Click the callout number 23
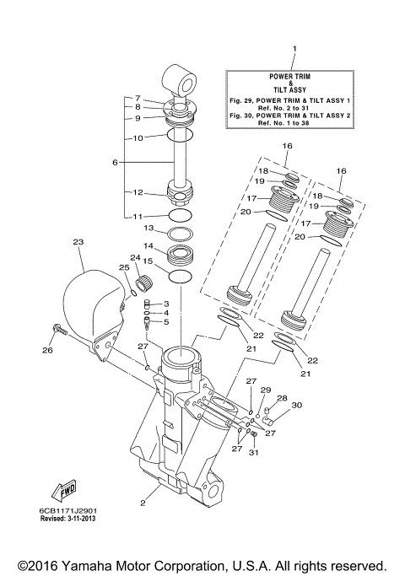[78, 242]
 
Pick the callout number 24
[133, 257]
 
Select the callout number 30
[296, 406]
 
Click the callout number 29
[265, 390]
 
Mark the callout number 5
[166, 322]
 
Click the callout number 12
[138, 192]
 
